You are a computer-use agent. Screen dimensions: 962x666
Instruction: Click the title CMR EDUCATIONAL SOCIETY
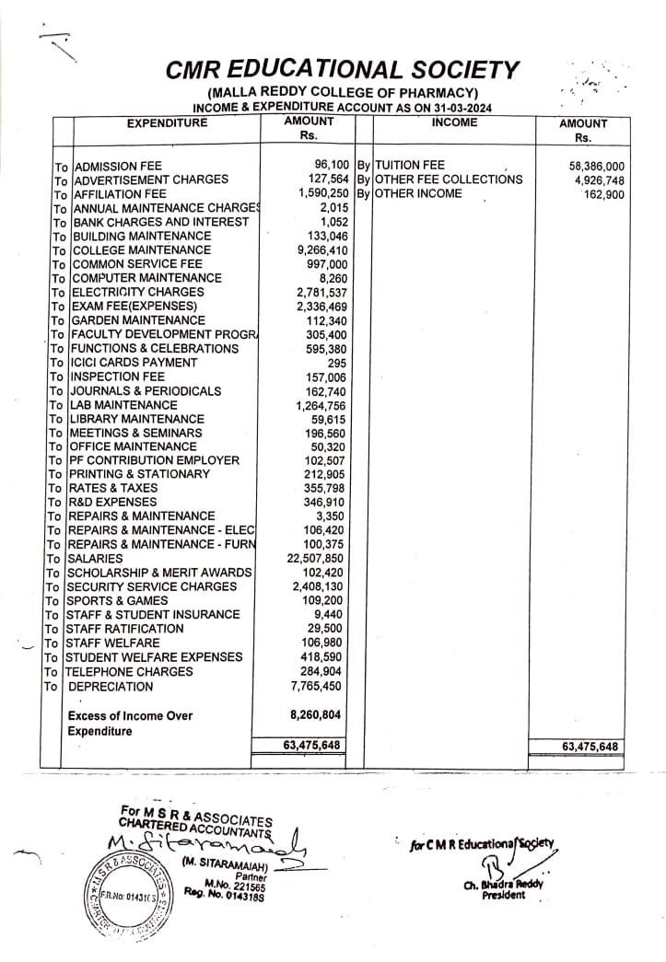pos(343,70)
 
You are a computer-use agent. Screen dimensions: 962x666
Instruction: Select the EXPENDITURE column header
pos(168,123)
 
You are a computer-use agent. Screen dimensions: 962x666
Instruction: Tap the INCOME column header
pos(454,122)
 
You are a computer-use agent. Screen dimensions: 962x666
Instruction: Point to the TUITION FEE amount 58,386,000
pos(597,166)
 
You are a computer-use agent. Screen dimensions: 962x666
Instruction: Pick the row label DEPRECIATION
pos(112,686)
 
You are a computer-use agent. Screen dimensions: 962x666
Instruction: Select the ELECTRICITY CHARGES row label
pos(138,292)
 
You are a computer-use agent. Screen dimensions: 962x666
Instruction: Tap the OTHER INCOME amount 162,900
pos(604,194)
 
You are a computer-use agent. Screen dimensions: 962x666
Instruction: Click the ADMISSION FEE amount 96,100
pos(330,165)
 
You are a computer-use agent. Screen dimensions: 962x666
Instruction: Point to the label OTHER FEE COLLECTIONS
pos(449,180)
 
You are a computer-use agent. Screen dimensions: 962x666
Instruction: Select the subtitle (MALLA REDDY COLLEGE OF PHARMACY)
pos(342,94)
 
